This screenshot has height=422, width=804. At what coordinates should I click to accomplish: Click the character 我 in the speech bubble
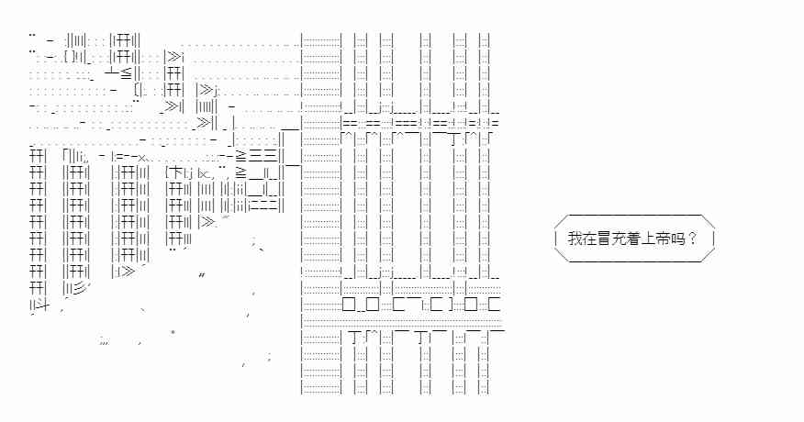(575, 239)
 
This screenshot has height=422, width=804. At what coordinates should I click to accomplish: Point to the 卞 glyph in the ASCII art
(175, 172)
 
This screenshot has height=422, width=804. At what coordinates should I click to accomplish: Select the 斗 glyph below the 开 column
(42, 305)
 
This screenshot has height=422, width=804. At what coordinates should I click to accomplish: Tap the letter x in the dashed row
(141, 157)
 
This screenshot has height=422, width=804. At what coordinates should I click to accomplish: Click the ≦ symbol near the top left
(127, 72)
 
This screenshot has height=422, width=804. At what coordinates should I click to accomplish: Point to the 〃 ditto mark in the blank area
(202, 276)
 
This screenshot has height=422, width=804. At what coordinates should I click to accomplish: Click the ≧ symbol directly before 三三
(240, 156)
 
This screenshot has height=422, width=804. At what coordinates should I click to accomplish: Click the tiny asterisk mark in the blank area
(173, 331)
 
